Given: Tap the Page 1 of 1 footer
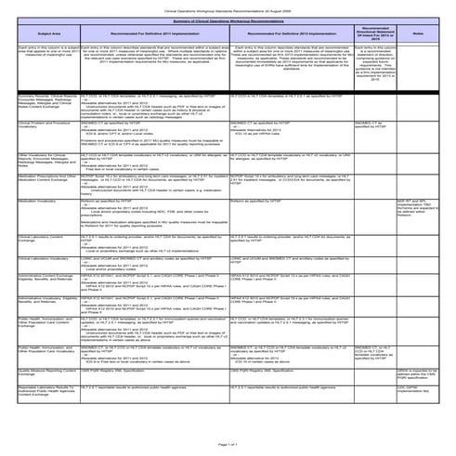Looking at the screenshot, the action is pos(228,446).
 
